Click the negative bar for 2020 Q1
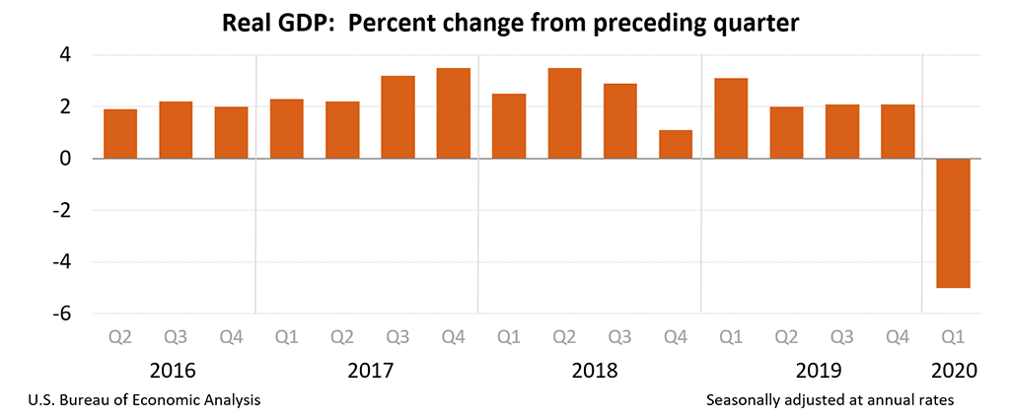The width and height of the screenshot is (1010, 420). tap(954, 223)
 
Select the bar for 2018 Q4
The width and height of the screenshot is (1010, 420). tap(676, 144)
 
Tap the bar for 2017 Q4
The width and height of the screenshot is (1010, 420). tap(454, 113)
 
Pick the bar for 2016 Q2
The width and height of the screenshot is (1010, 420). tap(120, 134)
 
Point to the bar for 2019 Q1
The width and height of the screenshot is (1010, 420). tap(731, 118)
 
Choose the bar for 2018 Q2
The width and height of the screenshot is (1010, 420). tap(564, 113)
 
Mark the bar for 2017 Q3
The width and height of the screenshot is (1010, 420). tap(397, 117)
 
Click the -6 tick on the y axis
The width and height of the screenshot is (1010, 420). tap(64, 314)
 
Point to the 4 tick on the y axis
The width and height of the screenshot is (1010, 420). tap(64, 55)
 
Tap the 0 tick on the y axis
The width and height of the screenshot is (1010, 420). tap(64, 159)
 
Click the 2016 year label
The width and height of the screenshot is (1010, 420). tap(173, 372)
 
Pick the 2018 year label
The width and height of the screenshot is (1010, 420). tap(595, 372)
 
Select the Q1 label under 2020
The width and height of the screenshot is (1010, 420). tap(954, 338)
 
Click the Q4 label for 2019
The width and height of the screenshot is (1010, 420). tap(899, 338)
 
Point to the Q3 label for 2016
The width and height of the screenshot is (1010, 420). tap(176, 338)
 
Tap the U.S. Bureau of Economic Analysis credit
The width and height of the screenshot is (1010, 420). tap(140, 400)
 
